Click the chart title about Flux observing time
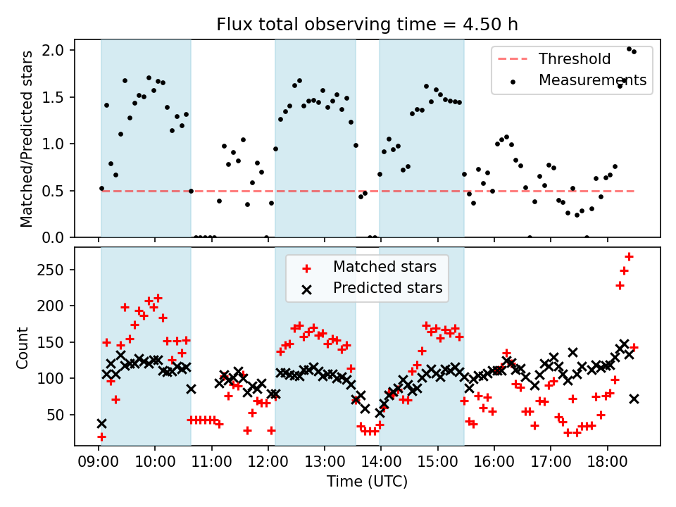click(367, 25)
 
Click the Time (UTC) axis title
click(367, 482)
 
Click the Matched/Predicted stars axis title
click(27, 139)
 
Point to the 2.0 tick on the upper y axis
click(55, 50)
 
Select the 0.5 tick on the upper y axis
click(55, 191)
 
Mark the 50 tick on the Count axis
click(56, 415)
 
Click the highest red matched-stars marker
click(629, 256)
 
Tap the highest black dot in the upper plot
click(629, 49)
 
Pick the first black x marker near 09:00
click(101, 423)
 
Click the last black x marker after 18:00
click(634, 399)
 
